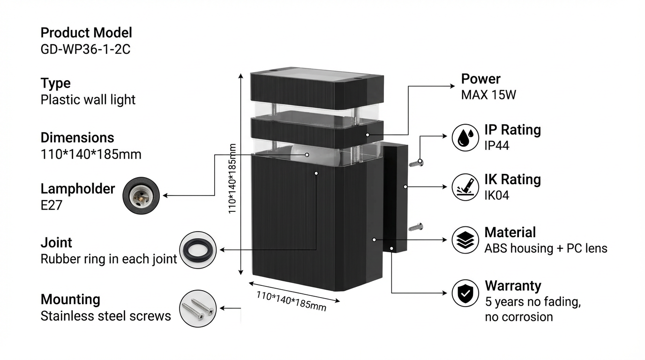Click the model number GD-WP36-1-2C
click(x=85, y=49)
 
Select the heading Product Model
click(x=86, y=33)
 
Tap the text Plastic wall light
click(x=88, y=100)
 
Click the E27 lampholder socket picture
click(x=141, y=196)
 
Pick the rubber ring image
click(x=198, y=250)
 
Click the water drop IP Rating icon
click(x=465, y=137)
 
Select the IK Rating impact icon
click(x=465, y=187)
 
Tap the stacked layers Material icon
click(x=465, y=240)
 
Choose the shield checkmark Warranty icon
click(x=465, y=293)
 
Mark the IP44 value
click(x=497, y=145)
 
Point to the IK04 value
click(x=497, y=195)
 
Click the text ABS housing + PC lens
click(x=546, y=248)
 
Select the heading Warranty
click(x=513, y=286)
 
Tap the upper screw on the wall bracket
click(x=416, y=163)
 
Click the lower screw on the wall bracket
click(x=416, y=227)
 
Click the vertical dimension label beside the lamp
click(x=232, y=179)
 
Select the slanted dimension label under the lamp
click(x=291, y=301)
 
